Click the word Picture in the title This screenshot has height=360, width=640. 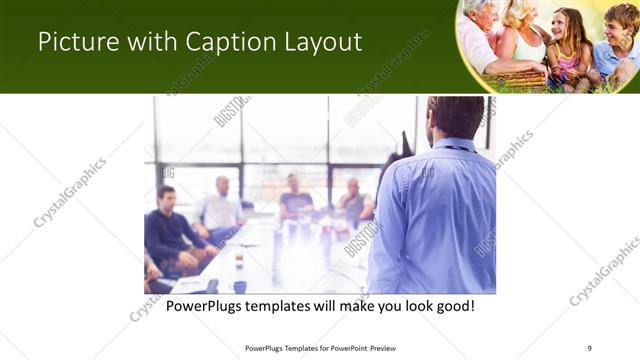[73, 41]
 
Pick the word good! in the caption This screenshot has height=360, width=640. [453, 305]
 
